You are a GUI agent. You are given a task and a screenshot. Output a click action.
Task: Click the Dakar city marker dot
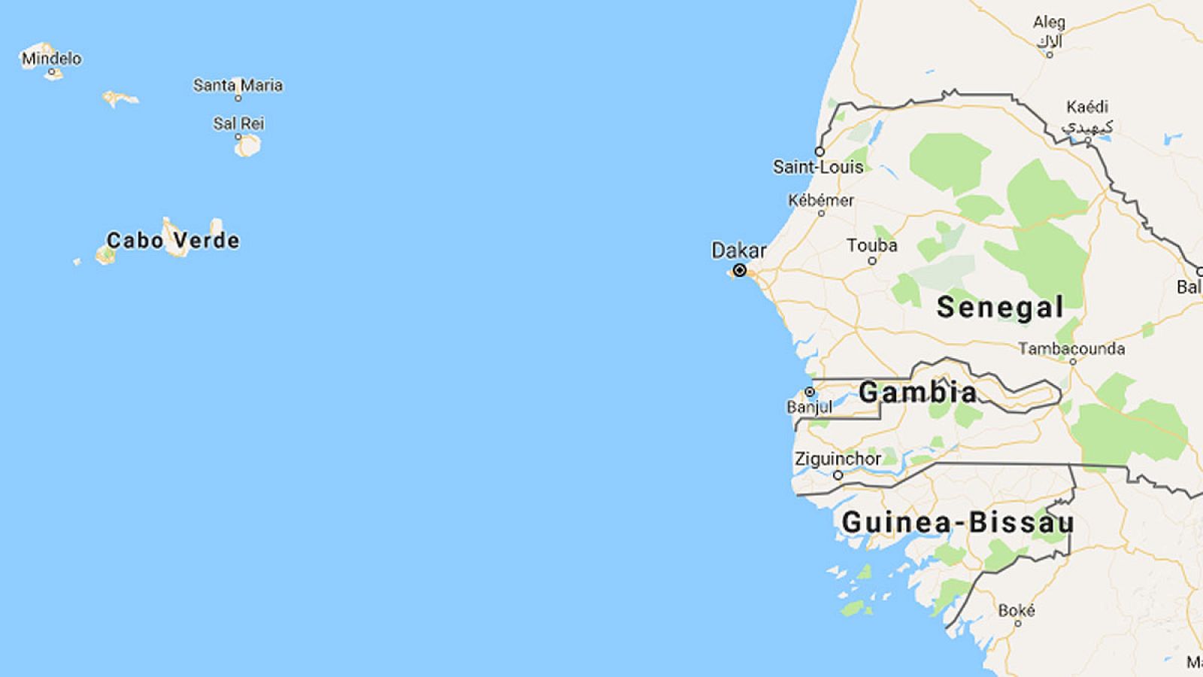tap(740, 270)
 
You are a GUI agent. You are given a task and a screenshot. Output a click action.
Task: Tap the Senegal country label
tap(1000, 307)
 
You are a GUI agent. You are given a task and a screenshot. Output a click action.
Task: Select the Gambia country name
tap(917, 392)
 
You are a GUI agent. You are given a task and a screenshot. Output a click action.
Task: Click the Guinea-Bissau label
tap(957, 522)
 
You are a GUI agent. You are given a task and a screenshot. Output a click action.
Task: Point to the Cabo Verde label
tap(173, 241)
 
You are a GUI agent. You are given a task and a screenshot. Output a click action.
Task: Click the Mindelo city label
tap(51, 58)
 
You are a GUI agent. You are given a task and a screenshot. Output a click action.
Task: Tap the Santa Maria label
tap(238, 85)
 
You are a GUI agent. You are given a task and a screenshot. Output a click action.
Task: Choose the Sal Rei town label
tap(238, 123)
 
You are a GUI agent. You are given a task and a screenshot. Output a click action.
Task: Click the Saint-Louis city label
tap(818, 167)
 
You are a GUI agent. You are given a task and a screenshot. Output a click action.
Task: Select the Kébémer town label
tap(820, 200)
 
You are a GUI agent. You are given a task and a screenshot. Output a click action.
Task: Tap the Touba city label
tap(871, 245)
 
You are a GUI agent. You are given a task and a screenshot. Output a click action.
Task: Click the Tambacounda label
tap(1071, 348)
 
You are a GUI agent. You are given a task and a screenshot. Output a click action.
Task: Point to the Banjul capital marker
tap(810, 392)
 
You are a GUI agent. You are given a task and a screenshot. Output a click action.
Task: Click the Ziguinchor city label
tap(838, 458)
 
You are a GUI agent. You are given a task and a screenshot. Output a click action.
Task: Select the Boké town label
tap(1017, 610)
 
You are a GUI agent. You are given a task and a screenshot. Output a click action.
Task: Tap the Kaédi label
tap(1086, 107)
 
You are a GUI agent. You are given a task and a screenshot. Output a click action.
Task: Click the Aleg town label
tap(1049, 23)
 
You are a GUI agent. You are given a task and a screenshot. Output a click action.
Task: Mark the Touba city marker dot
tap(872, 261)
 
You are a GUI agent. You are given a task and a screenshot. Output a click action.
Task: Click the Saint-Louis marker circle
tap(820, 152)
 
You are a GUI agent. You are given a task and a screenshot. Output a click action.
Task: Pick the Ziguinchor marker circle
tap(838, 475)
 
